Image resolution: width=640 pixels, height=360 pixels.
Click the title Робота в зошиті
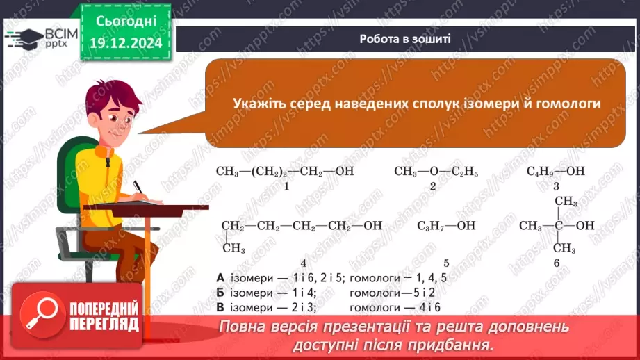tap(405, 39)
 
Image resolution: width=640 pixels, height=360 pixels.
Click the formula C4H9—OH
tap(556, 171)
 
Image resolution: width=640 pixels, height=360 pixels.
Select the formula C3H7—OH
tap(446, 226)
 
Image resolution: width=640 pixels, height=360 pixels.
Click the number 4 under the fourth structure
tap(303, 263)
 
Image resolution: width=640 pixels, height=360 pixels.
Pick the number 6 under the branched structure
tap(557, 263)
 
